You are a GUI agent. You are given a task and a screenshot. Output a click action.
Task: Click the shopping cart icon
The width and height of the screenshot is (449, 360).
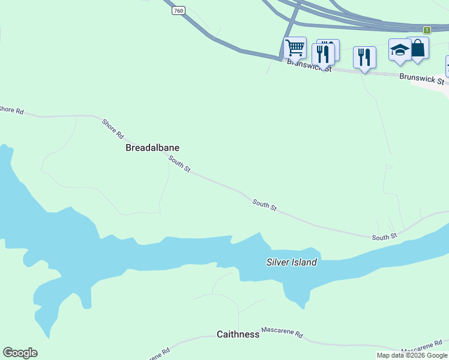(x=295, y=47)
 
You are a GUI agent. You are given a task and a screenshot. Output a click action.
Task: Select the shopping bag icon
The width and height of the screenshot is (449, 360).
(x=418, y=48)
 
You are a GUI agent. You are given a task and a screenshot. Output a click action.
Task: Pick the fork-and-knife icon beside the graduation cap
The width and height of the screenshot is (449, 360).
(x=364, y=57)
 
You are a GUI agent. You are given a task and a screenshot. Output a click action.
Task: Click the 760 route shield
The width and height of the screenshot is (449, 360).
(x=178, y=11)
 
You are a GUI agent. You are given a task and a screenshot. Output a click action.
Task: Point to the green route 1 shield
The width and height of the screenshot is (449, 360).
(x=427, y=30)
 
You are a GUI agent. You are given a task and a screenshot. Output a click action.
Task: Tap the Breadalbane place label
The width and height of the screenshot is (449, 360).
(x=152, y=147)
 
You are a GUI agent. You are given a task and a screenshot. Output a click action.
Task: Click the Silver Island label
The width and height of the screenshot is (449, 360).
(x=292, y=262)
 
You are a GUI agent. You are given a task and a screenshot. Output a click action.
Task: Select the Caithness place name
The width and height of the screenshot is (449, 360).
(x=238, y=334)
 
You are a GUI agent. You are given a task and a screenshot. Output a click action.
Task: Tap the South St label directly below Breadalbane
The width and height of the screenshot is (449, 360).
(x=179, y=164)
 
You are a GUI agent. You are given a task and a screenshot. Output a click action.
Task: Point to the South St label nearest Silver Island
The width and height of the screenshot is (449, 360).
(x=265, y=205)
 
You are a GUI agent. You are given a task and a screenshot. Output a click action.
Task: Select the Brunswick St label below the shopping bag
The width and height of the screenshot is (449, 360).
(x=422, y=78)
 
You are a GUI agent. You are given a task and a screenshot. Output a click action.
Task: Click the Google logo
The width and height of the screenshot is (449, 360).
(x=20, y=353)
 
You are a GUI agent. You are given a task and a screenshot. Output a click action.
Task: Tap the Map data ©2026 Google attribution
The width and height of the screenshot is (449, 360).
(x=412, y=355)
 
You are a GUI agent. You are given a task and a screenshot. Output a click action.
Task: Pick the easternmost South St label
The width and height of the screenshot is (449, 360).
(x=384, y=238)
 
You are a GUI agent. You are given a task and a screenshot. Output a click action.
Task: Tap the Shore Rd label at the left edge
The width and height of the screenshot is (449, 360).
(x=11, y=110)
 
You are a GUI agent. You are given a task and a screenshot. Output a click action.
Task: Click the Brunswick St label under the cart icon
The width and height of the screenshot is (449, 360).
(x=309, y=65)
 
